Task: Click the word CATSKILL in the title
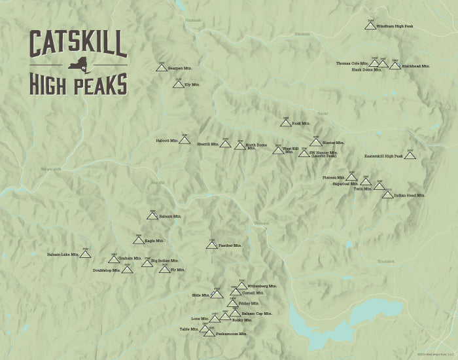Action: pyautogui.click(x=78, y=45)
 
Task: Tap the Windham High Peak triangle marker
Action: pyautogui.click(x=370, y=27)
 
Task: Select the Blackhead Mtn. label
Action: pyautogui.click(x=416, y=66)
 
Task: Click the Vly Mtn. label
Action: pyautogui.click(x=192, y=84)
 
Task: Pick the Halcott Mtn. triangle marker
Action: pyautogui.click(x=185, y=140)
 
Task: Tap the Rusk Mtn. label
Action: pyautogui.click(x=301, y=123)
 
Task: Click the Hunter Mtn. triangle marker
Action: pyautogui.click(x=316, y=142)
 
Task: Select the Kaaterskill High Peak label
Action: pyautogui.click(x=384, y=156)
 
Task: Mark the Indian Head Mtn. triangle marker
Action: pyautogui.click(x=388, y=194)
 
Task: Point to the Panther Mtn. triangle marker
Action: pyautogui.click(x=211, y=245)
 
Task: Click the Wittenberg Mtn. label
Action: pyautogui.click(x=262, y=286)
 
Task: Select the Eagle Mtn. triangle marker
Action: pyautogui.click(x=139, y=240)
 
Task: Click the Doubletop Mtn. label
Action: pyautogui.click(x=107, y=270)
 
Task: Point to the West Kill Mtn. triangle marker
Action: pyautogui.click(x=278, y=150)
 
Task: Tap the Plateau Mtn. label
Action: pyautogui.click(x=334, y=177)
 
